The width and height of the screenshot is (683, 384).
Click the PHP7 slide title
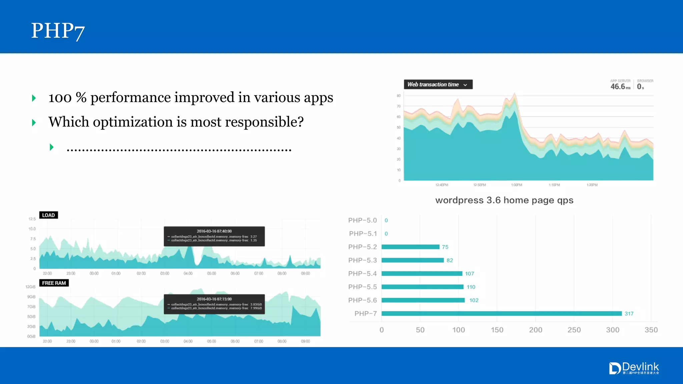click(x=58, y=31)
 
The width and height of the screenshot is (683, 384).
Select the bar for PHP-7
click(x=501, y=313)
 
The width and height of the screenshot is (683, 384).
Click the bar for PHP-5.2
click(x=410, y=247)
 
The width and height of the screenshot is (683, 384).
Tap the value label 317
click(x=629, y=314)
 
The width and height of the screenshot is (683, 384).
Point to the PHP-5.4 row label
click(x=362, y=274)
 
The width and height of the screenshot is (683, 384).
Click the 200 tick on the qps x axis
click(x=535, y=330)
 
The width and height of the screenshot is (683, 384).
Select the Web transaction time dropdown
click(x=438, y=85)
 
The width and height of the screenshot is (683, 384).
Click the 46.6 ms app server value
click(x=620, y=86)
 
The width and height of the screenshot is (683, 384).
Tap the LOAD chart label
click(x=48, y=215)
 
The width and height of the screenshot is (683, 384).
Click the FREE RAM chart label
click(x=54, y=283)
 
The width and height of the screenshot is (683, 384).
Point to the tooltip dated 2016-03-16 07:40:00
click(x=214, y=236)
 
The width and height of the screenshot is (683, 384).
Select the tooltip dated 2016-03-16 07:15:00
click(x=214, y=304)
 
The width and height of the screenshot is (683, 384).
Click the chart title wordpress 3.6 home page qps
click(x=504, y=200)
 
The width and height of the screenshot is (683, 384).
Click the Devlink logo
click(x=634, y=368)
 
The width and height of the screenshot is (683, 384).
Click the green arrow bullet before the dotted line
click(x=52, y=147)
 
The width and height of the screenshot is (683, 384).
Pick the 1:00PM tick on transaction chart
click(x=517, y=185)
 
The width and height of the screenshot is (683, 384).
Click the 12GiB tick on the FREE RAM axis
click(x=30, y=287)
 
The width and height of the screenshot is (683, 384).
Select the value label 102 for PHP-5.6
click(x=474, y=300)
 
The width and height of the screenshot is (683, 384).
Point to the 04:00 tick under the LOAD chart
click(x=188, y=274)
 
